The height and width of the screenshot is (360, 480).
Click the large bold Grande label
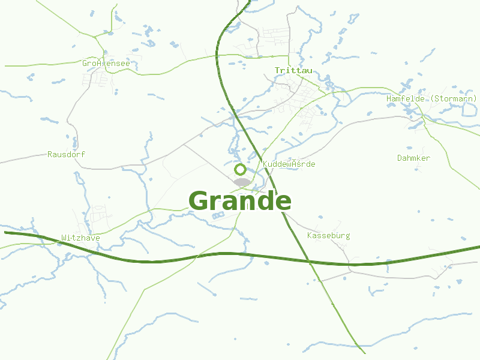tap(240, 201)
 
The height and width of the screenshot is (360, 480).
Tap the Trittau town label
tap(293, 70)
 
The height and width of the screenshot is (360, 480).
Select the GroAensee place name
tap(106, 63)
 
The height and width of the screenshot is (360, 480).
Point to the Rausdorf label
tap(66, 154)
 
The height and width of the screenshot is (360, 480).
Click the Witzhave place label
tap(80, 238)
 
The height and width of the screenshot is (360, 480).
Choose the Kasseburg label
tap(328, 235)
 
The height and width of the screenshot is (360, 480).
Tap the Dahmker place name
tap(413, 158)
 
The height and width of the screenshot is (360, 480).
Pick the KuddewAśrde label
tap(289, 164)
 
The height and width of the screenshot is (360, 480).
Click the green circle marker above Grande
tap(240, 169)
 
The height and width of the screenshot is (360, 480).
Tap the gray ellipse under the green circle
tap(242, 182)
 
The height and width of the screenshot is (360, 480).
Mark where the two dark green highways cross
tap(308, 262)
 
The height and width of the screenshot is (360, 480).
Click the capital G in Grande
tap(200, 201)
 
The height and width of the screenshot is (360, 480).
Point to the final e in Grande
tap(283, 202)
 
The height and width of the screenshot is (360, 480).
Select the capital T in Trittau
tap(277, 70)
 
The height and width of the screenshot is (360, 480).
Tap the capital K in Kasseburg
tap(309, 235)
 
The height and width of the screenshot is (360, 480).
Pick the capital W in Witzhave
tap(64, 238)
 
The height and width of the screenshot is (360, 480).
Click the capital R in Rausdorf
tap(50, 154)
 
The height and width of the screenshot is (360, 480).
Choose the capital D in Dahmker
tap(400, 158)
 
